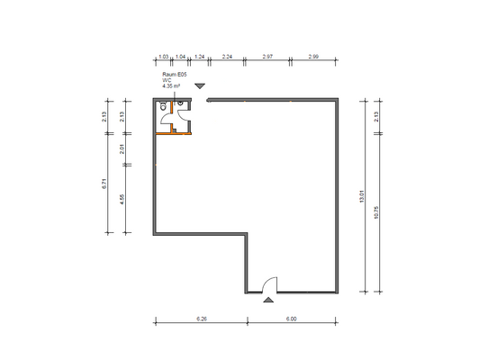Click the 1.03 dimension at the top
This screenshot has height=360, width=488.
pyautogui.click(x=163, y=56)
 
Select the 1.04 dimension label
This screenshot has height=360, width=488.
pyautogui.click(x=180, y=56)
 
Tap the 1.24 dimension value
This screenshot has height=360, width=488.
pyautogui.click(x=200, y=56)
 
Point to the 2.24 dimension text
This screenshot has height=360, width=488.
pyautogui.click(x=227, y=56)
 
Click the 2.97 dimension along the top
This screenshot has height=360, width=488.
pyautogui.click(x=267, y=56)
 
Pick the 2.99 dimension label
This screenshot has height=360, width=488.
pyautogui.click(x=313, y=56)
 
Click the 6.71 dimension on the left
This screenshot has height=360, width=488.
pyautogui.click(x=105, y=186)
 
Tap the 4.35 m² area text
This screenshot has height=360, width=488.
pyautogui.click(x=172, y=86)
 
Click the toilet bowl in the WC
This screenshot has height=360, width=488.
pyautogui.click(x=161, y=108)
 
